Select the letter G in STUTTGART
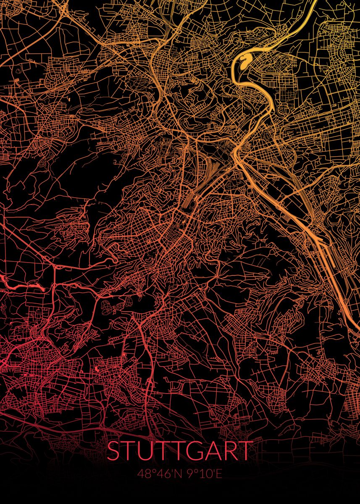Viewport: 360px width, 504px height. tap(192, 450)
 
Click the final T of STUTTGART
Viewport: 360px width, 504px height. tap(245, 450)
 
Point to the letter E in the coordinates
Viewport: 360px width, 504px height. tap(218, 474)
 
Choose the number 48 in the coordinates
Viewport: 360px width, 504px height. tap(145, 474)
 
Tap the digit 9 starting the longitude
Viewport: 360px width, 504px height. tap(189, 474)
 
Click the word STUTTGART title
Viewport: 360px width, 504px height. tap(180, 450)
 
